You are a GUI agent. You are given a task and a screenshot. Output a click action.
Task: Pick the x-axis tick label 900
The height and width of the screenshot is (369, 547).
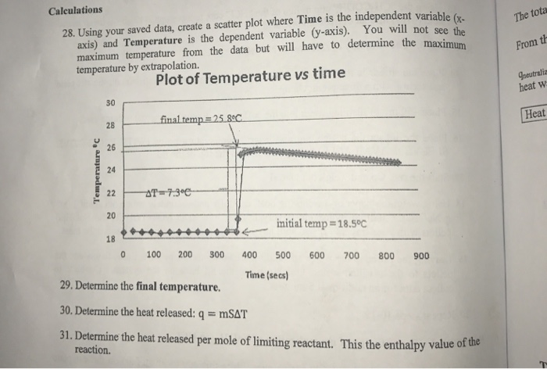click(421, 255)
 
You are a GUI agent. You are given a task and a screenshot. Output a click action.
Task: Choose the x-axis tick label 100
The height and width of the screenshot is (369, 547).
click(154, 255)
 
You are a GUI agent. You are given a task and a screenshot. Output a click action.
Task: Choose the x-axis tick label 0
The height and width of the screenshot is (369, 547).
click(124, 255)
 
